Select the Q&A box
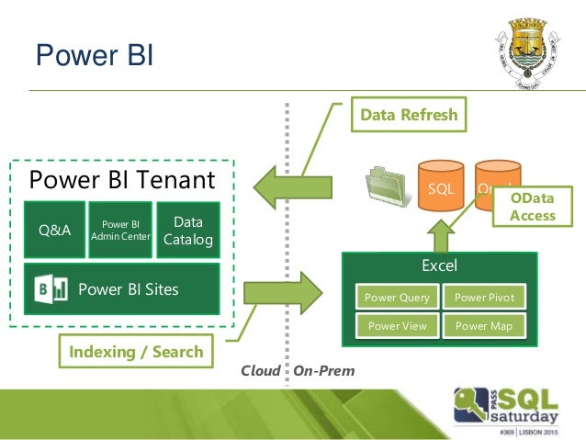coord(54,230)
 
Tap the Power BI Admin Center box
coord(120,230)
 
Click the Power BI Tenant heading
coord(122,177)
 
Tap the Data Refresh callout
coord(408,117)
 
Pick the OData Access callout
coord(534,207)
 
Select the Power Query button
coord(397,298)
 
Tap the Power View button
coord(397,325)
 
